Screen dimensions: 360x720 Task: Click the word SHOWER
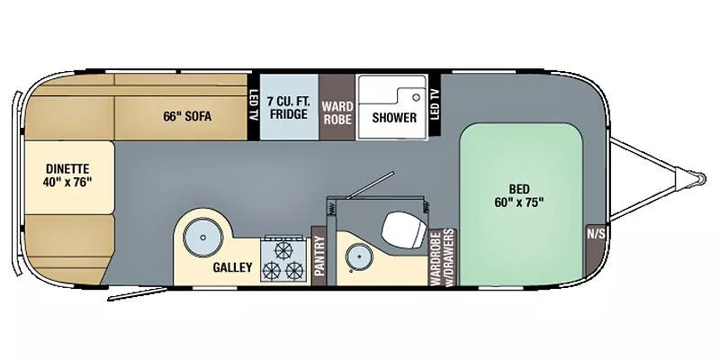pos(394,118)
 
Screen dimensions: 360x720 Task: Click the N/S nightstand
pos(596,234)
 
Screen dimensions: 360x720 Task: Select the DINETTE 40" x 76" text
pos(68,175)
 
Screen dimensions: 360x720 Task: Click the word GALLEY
pos(231,267)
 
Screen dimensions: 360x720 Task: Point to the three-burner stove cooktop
pos(283,259)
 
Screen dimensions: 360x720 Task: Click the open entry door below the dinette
pos(135,293)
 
